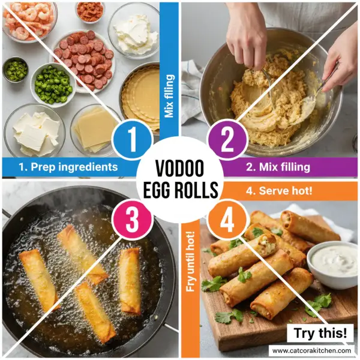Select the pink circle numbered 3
point(131,220)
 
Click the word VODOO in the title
point(180,169)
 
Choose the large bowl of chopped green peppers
point(53,84)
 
